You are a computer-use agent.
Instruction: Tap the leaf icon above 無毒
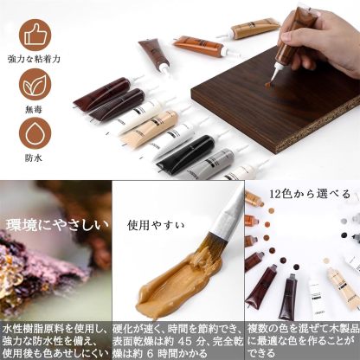coord(32,87)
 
